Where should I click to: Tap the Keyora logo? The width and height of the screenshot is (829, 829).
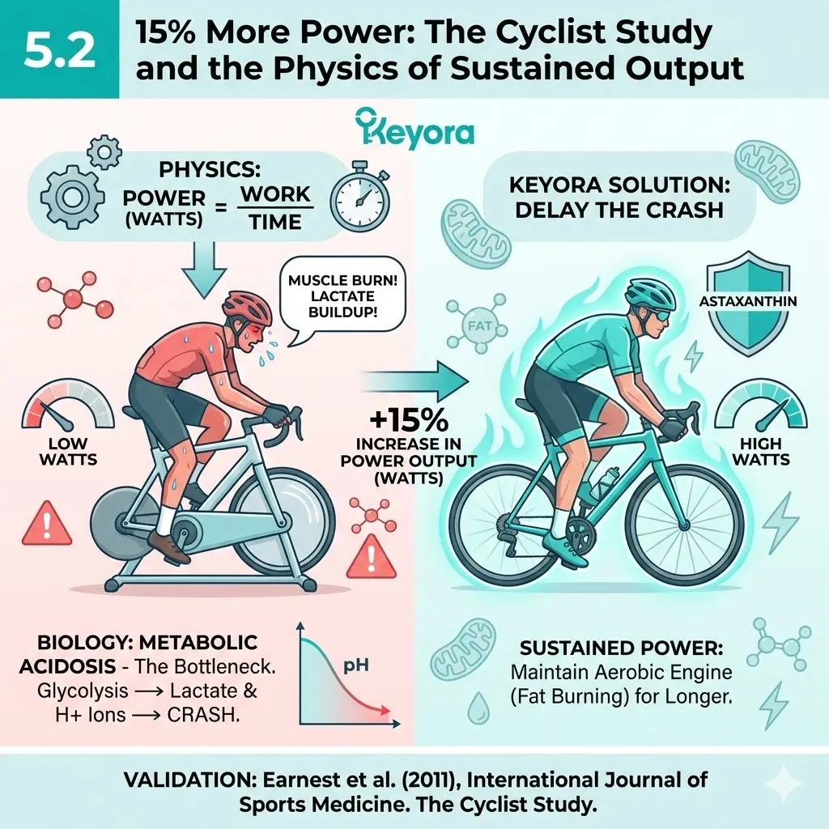pyautogui.click(x=414, y=130)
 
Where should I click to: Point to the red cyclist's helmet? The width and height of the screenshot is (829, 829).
pyautogui.click(x=247, y=306)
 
